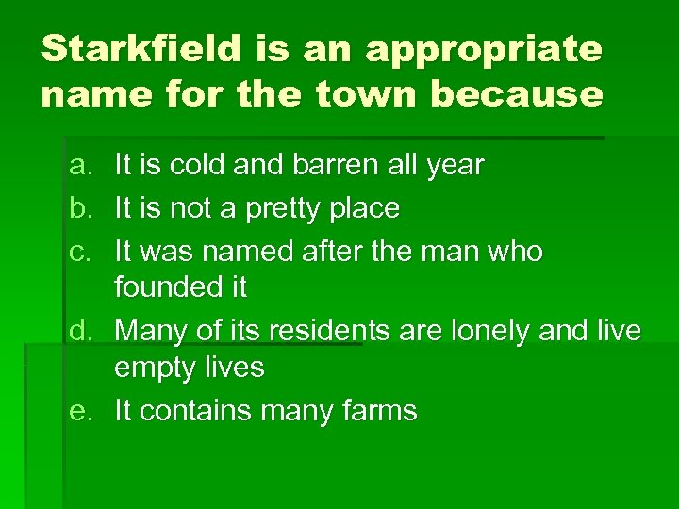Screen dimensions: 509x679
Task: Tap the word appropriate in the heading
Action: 484,50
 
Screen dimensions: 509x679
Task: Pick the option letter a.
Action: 78,167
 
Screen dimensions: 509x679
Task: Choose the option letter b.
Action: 78,208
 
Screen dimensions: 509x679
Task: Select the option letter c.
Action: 78,251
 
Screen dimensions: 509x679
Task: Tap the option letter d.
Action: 78,331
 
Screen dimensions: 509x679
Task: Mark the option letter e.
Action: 78,411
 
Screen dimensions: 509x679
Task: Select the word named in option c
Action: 244,251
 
